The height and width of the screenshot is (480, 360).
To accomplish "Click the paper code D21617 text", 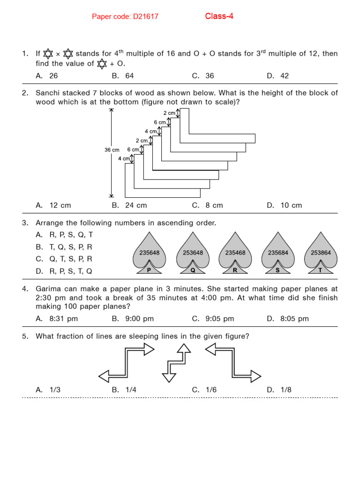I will pyautogui.click(x=125, y=17).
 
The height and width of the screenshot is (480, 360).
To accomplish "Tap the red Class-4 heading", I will pyautogui.click(x=219, y=16).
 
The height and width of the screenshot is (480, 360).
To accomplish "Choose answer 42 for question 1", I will pyautogui.click(x=284, y=76).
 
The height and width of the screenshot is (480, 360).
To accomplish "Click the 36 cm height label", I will pyautogui.click(x=112, y=150).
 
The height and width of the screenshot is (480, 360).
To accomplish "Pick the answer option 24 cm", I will pyautogui.click(x=135, y=205).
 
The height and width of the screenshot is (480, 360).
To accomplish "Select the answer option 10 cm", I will pyautogui.click(x=290, y=205).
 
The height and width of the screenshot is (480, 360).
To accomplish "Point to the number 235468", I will pyautogui.click(x=235, y=253).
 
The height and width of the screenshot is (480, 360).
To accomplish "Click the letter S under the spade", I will pyautogui.click(x=277, y=270).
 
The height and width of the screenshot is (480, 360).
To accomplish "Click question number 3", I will pyautogui.click(x=25, y=223).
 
